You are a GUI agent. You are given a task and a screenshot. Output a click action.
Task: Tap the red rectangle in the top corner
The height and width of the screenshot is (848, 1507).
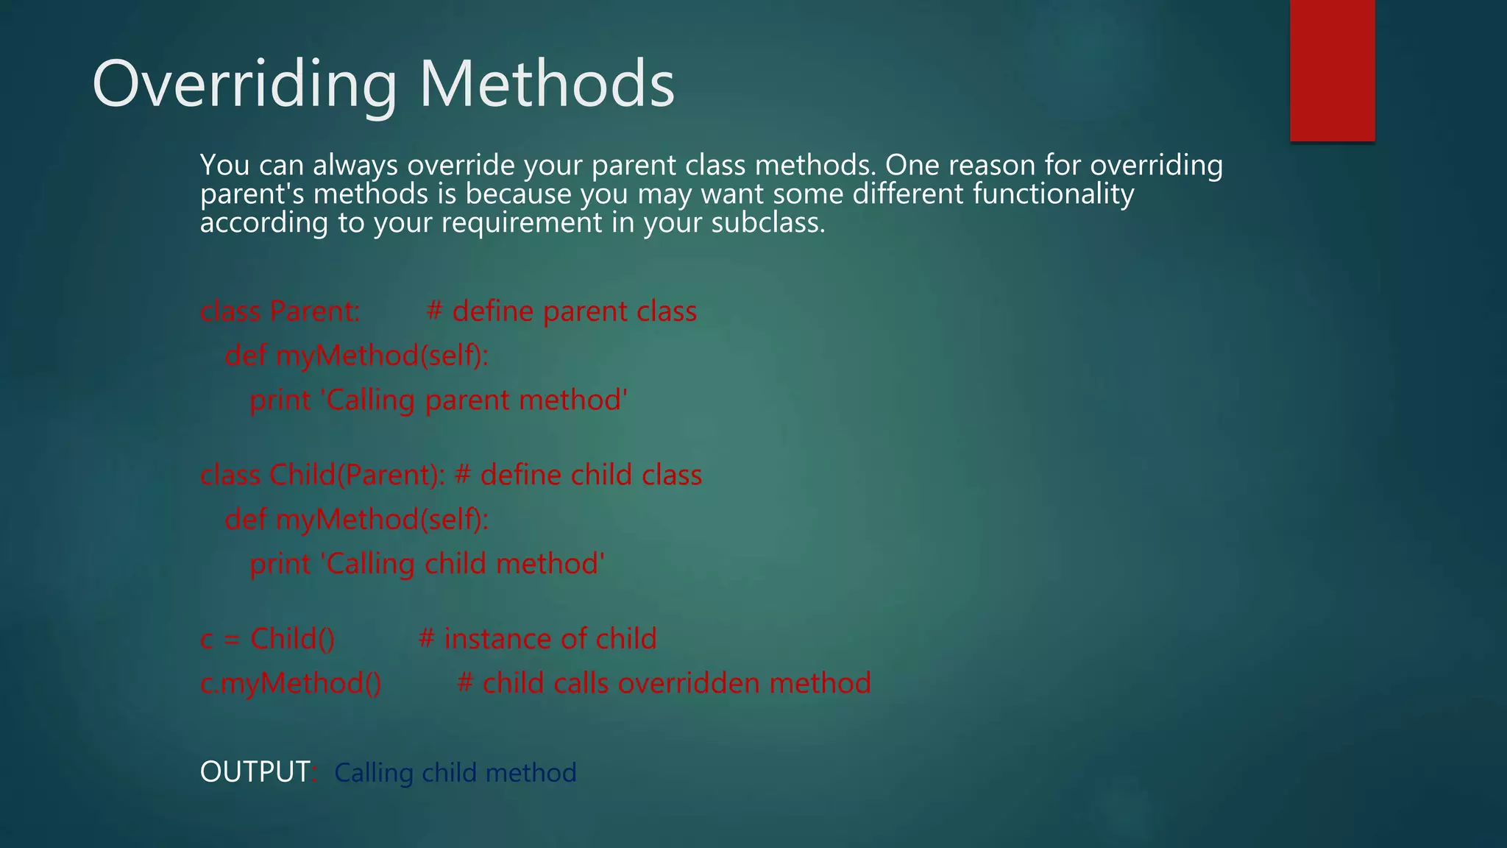point(1332,70)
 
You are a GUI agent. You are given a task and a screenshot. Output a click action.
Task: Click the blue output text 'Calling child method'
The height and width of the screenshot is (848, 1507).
point(455,773)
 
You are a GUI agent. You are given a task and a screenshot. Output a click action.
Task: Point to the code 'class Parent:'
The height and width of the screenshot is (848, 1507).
point(280,311)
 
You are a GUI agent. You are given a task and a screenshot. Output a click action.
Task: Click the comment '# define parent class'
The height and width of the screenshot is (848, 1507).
point(561,311)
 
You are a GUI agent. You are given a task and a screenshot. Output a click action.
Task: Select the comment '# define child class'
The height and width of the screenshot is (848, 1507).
point(578,475)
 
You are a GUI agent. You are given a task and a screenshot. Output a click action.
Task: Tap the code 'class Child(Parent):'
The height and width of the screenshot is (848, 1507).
point(322,475)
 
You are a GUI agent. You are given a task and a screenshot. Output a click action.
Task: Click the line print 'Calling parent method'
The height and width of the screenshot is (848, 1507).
point(439,400)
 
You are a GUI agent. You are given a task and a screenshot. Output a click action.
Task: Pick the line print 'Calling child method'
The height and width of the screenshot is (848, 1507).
point(427,564)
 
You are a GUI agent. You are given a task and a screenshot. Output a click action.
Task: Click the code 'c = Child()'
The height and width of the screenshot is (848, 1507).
point(267,639)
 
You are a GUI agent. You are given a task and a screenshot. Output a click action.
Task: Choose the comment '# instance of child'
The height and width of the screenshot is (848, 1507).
point(537,639)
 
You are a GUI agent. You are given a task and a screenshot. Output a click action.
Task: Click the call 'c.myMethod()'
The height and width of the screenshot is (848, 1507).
point(291,683)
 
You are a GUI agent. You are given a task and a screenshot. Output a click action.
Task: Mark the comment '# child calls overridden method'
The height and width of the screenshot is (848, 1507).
point(664,683)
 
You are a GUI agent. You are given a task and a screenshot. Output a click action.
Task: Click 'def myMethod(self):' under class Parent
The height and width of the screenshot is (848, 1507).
point(357,356)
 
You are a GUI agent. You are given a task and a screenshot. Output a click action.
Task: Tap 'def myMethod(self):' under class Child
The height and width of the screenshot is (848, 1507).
point(357,520)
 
